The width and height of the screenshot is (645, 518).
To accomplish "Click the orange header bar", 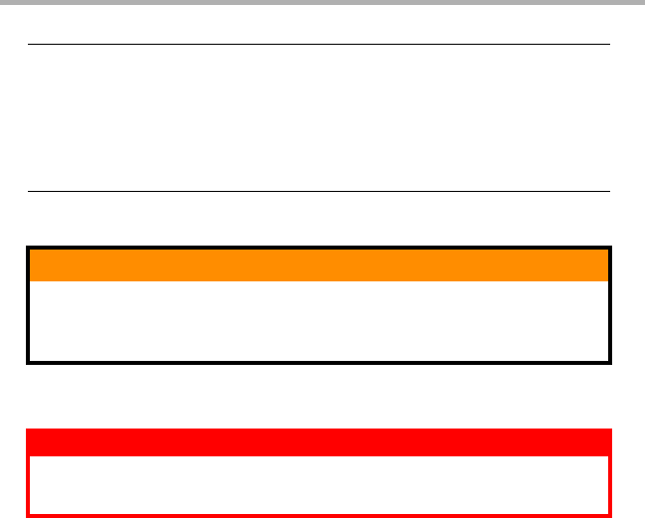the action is [319, 265].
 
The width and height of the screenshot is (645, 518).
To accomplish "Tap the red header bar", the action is [319, 442].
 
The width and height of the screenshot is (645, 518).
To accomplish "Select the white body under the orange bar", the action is [319, 320].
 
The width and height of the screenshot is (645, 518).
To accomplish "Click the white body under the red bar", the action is [319, 484].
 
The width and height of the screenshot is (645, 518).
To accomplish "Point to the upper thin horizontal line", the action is [319, 44].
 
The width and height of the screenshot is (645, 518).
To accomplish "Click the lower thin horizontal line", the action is [319, 191].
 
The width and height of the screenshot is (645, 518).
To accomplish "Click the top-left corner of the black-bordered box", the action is [28, 248].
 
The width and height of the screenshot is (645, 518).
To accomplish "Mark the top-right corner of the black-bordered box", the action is [610, 248].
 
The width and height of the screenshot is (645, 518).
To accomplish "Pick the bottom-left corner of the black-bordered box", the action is [28, 362].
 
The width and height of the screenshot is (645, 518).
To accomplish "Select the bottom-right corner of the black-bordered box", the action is [610, 362].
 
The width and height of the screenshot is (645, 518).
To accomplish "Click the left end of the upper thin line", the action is [29, 44].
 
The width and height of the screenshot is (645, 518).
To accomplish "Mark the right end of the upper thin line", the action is [608, 44].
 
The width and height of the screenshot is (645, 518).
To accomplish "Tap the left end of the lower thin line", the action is [29, 191].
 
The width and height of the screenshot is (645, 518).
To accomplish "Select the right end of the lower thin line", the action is [608, 191].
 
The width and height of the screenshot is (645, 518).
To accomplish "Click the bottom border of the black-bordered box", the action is [319, 362].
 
